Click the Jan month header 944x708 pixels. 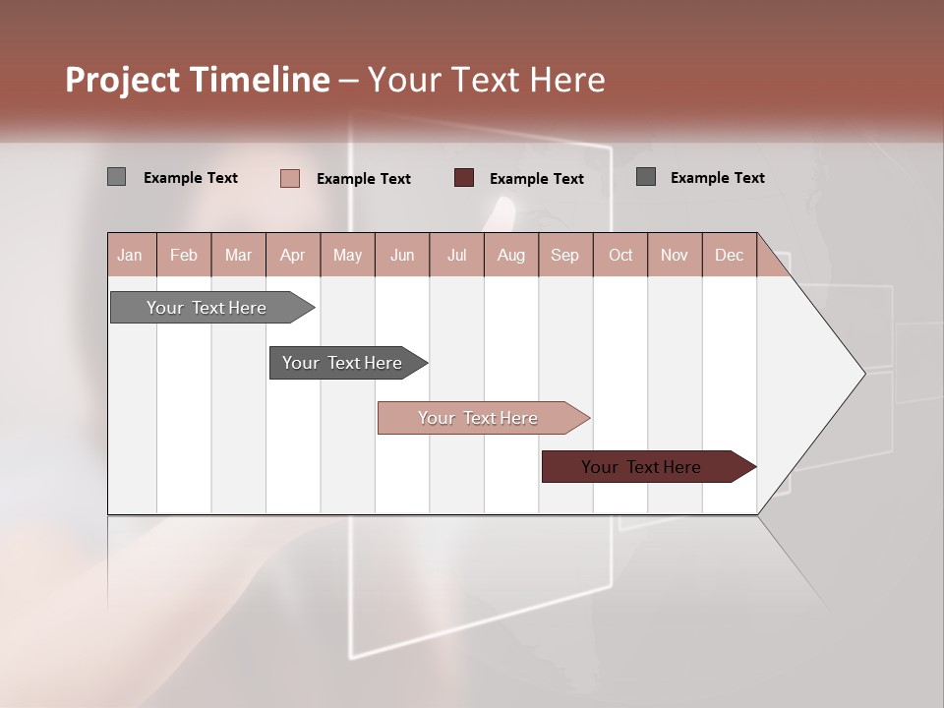coord(130,255)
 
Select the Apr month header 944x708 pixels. coord(292,255)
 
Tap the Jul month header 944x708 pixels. coord(456,255)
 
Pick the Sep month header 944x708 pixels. coord(564,255)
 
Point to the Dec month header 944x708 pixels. coord(729,255)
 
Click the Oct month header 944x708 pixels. coord(620,255)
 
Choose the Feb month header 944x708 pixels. coord(184,255)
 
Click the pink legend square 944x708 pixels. coord(289,178)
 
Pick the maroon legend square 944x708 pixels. coord(464,178)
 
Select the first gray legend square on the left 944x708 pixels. coord(116,177)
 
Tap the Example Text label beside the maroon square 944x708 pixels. coord(536,179)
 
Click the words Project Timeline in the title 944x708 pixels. coord(197,80)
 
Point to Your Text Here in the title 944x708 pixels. coord(486,80)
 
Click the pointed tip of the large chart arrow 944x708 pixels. coord(861,373)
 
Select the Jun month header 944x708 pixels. coord(402,255)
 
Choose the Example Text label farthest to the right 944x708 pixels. coord(717,178)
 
